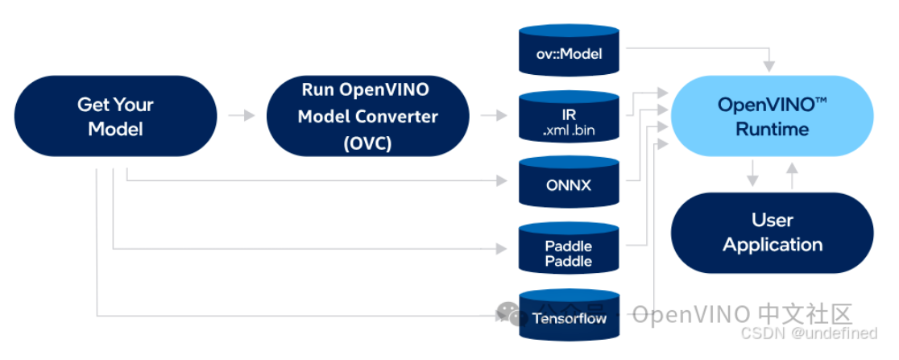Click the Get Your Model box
point(115,116)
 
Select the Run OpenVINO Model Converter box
point(367,116)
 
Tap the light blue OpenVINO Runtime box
point(772,116)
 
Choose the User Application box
point(772,232)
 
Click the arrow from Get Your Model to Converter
point(242,116)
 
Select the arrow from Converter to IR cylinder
point(495,116)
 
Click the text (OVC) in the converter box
point(367,143)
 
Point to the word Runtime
point(772,129)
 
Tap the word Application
point(772,245)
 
